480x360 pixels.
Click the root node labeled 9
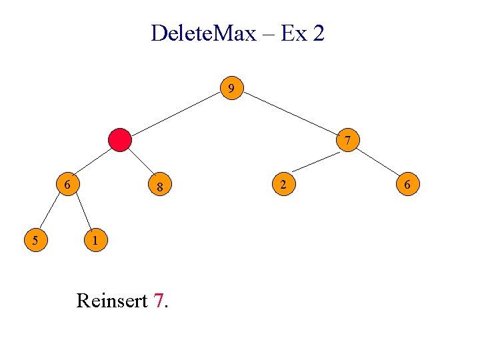[x=231, y=89]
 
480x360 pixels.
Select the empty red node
[x=120, y=140]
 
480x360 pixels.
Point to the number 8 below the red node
[x=160, y=187]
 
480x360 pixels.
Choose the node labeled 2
[x=283, y=183]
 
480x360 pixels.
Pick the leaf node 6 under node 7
[x=408, y=183]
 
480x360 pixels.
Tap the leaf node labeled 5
[x=35, y=239]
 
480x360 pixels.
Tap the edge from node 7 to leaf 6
[x=379, y=162]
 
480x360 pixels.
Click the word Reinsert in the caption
[x=111, y=301]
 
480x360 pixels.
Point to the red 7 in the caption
[x=157, y=301]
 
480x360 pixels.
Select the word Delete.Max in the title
[x=203, y=33]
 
